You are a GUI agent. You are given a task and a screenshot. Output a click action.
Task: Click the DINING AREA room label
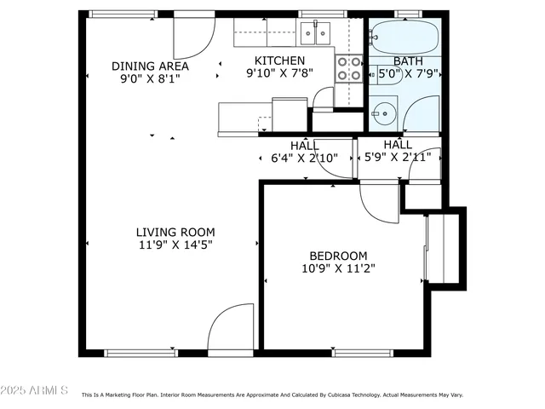pos(150,66)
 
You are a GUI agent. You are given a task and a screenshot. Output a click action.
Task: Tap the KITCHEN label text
pos(280,60)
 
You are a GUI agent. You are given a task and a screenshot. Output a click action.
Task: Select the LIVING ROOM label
pos(175,232)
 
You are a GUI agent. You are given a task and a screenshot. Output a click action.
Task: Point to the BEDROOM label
pos(338,256)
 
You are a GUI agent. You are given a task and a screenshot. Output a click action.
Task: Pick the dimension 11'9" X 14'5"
pos(175,245)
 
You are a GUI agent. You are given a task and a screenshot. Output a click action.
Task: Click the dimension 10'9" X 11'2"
pos(338,268)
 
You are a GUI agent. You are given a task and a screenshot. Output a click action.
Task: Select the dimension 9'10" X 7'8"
pos(280,74)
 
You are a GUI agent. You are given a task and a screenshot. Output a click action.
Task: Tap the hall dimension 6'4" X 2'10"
pos(305,158)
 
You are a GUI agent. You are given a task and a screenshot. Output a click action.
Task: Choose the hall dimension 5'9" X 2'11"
pos(398,158)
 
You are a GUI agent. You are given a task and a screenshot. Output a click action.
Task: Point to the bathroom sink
pos(385,110)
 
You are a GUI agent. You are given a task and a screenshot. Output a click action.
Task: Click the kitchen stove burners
pos(348,68)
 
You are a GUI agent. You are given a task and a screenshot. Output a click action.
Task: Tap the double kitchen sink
pos(315,33)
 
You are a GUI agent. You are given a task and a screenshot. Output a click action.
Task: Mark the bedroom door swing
pos(377,201)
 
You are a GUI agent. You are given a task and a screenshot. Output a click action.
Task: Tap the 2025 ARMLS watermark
pos(35,390)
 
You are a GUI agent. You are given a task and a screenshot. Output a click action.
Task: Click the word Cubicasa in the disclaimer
pos(346,395)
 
